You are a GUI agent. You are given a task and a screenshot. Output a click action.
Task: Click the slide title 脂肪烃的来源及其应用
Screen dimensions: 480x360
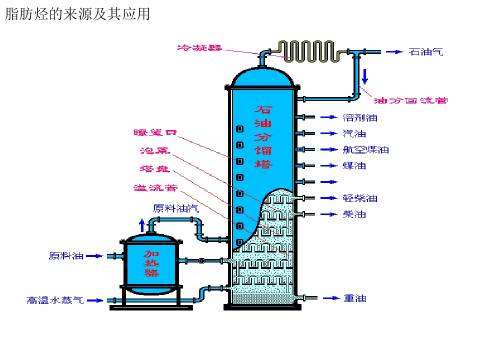click(78, 14)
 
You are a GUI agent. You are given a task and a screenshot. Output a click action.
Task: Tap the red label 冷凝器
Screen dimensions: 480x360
click(199, 48)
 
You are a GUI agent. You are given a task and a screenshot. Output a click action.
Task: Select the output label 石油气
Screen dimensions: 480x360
click(426, 51)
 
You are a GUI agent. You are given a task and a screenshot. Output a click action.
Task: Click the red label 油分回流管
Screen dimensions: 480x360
click(411, 100)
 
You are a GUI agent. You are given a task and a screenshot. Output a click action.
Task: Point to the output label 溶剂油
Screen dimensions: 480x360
click(360, 118)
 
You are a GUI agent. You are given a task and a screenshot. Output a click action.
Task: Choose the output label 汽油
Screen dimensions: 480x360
click(354, 134)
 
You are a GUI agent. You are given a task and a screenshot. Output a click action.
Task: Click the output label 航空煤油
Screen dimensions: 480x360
click(366, 149)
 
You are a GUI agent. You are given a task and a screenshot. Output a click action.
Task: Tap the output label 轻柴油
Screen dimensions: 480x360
click(360, 198)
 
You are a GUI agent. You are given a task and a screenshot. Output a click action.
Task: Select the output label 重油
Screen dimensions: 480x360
click(355, 298)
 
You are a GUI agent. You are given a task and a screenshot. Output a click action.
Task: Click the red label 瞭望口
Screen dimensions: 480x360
click(155, 132)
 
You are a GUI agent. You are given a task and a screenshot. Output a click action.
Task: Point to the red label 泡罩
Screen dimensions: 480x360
click(155, 150)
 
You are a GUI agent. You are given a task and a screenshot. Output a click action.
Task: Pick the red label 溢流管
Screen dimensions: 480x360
click(155, 187)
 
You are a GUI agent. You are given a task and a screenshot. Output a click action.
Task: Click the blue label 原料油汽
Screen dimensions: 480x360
click(176, 208)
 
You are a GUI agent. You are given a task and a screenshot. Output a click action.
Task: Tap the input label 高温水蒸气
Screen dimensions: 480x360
click(55, 300)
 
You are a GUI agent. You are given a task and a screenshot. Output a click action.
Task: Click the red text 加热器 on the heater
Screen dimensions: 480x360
click(151, 263)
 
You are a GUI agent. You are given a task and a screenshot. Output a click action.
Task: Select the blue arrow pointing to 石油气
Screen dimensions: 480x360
click(394, 52)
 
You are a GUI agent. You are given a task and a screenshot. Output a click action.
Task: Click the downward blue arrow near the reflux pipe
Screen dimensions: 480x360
click(365, 76)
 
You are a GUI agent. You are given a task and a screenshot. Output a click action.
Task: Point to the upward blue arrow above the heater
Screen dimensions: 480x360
click(141, 225)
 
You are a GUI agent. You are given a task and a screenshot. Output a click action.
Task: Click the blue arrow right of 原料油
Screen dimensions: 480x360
click(94, 256)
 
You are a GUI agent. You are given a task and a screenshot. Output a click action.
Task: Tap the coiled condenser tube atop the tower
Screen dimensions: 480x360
click(309, 51)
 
